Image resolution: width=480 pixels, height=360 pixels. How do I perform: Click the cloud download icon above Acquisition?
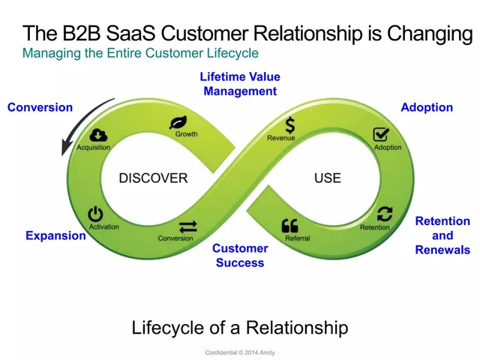(98, 135)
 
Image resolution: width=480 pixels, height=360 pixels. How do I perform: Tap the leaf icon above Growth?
(178, 122)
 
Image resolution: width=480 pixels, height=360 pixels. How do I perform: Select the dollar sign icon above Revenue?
(289, 125)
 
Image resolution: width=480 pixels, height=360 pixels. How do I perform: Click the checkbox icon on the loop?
(381, 135)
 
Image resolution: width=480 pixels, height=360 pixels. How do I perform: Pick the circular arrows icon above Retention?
(385, 214)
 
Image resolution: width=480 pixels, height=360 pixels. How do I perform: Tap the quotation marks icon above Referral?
(289, 226)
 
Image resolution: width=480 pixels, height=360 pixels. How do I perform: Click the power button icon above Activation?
(95, 214)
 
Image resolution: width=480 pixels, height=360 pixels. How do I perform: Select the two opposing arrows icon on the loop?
(188, 226)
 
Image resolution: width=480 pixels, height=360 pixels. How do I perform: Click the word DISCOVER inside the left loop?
(153, 178)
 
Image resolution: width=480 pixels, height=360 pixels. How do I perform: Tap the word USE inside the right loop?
(328, 178)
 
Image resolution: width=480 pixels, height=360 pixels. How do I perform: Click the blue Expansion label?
(55, 235)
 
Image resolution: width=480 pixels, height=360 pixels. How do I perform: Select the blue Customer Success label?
(240, 255)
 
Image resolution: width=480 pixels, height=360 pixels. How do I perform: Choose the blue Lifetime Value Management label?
(240, 84)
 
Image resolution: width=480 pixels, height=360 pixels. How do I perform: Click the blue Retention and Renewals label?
(442, 235)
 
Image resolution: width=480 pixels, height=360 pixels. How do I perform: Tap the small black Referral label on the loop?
(298, 238)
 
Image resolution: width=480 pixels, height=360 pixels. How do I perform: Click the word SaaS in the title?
(130, 33)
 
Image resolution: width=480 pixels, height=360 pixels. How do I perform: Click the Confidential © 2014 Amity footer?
(240, 352)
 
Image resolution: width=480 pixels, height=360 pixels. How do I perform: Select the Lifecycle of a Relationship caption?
(240, 327)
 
